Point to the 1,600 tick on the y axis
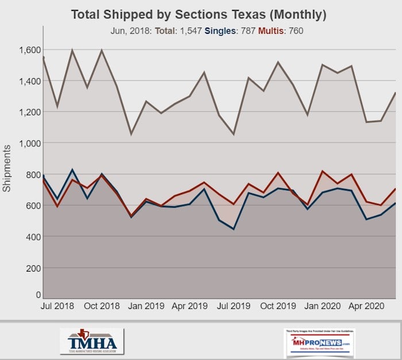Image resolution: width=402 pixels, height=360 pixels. (29, 50)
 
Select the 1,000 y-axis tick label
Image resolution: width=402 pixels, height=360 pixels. (29, 143)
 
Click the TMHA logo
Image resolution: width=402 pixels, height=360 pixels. (91, 340)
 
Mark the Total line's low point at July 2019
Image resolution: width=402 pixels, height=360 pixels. (233, 134)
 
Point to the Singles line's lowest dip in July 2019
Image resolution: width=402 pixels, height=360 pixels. (233, 229)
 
